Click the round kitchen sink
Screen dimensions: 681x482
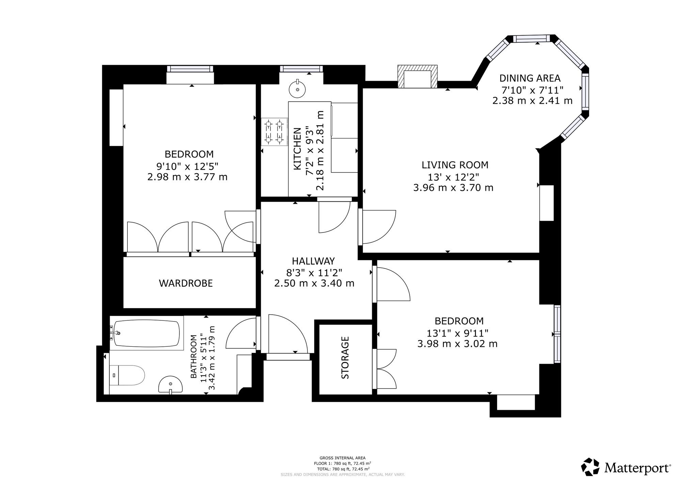coord(298,89)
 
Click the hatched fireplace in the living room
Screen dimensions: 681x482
coord(417,77)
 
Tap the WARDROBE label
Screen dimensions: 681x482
coord(186,283)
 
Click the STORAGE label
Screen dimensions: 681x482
coord(345,358)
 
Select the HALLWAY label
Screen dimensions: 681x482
coord(313,261)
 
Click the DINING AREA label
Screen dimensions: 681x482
coord(530,78)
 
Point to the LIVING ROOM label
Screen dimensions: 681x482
coord(455,165)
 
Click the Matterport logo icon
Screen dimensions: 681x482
coord(590,467)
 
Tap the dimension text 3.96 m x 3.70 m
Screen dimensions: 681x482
coord(453,188)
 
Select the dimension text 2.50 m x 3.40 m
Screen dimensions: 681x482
coord(314,283)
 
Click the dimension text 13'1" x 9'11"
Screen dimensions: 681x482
coord(458,333)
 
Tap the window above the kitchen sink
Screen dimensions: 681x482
coord(301,69)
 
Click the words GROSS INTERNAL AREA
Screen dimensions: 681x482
coord(343,458)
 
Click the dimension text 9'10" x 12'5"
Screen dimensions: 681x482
coord(187,166)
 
